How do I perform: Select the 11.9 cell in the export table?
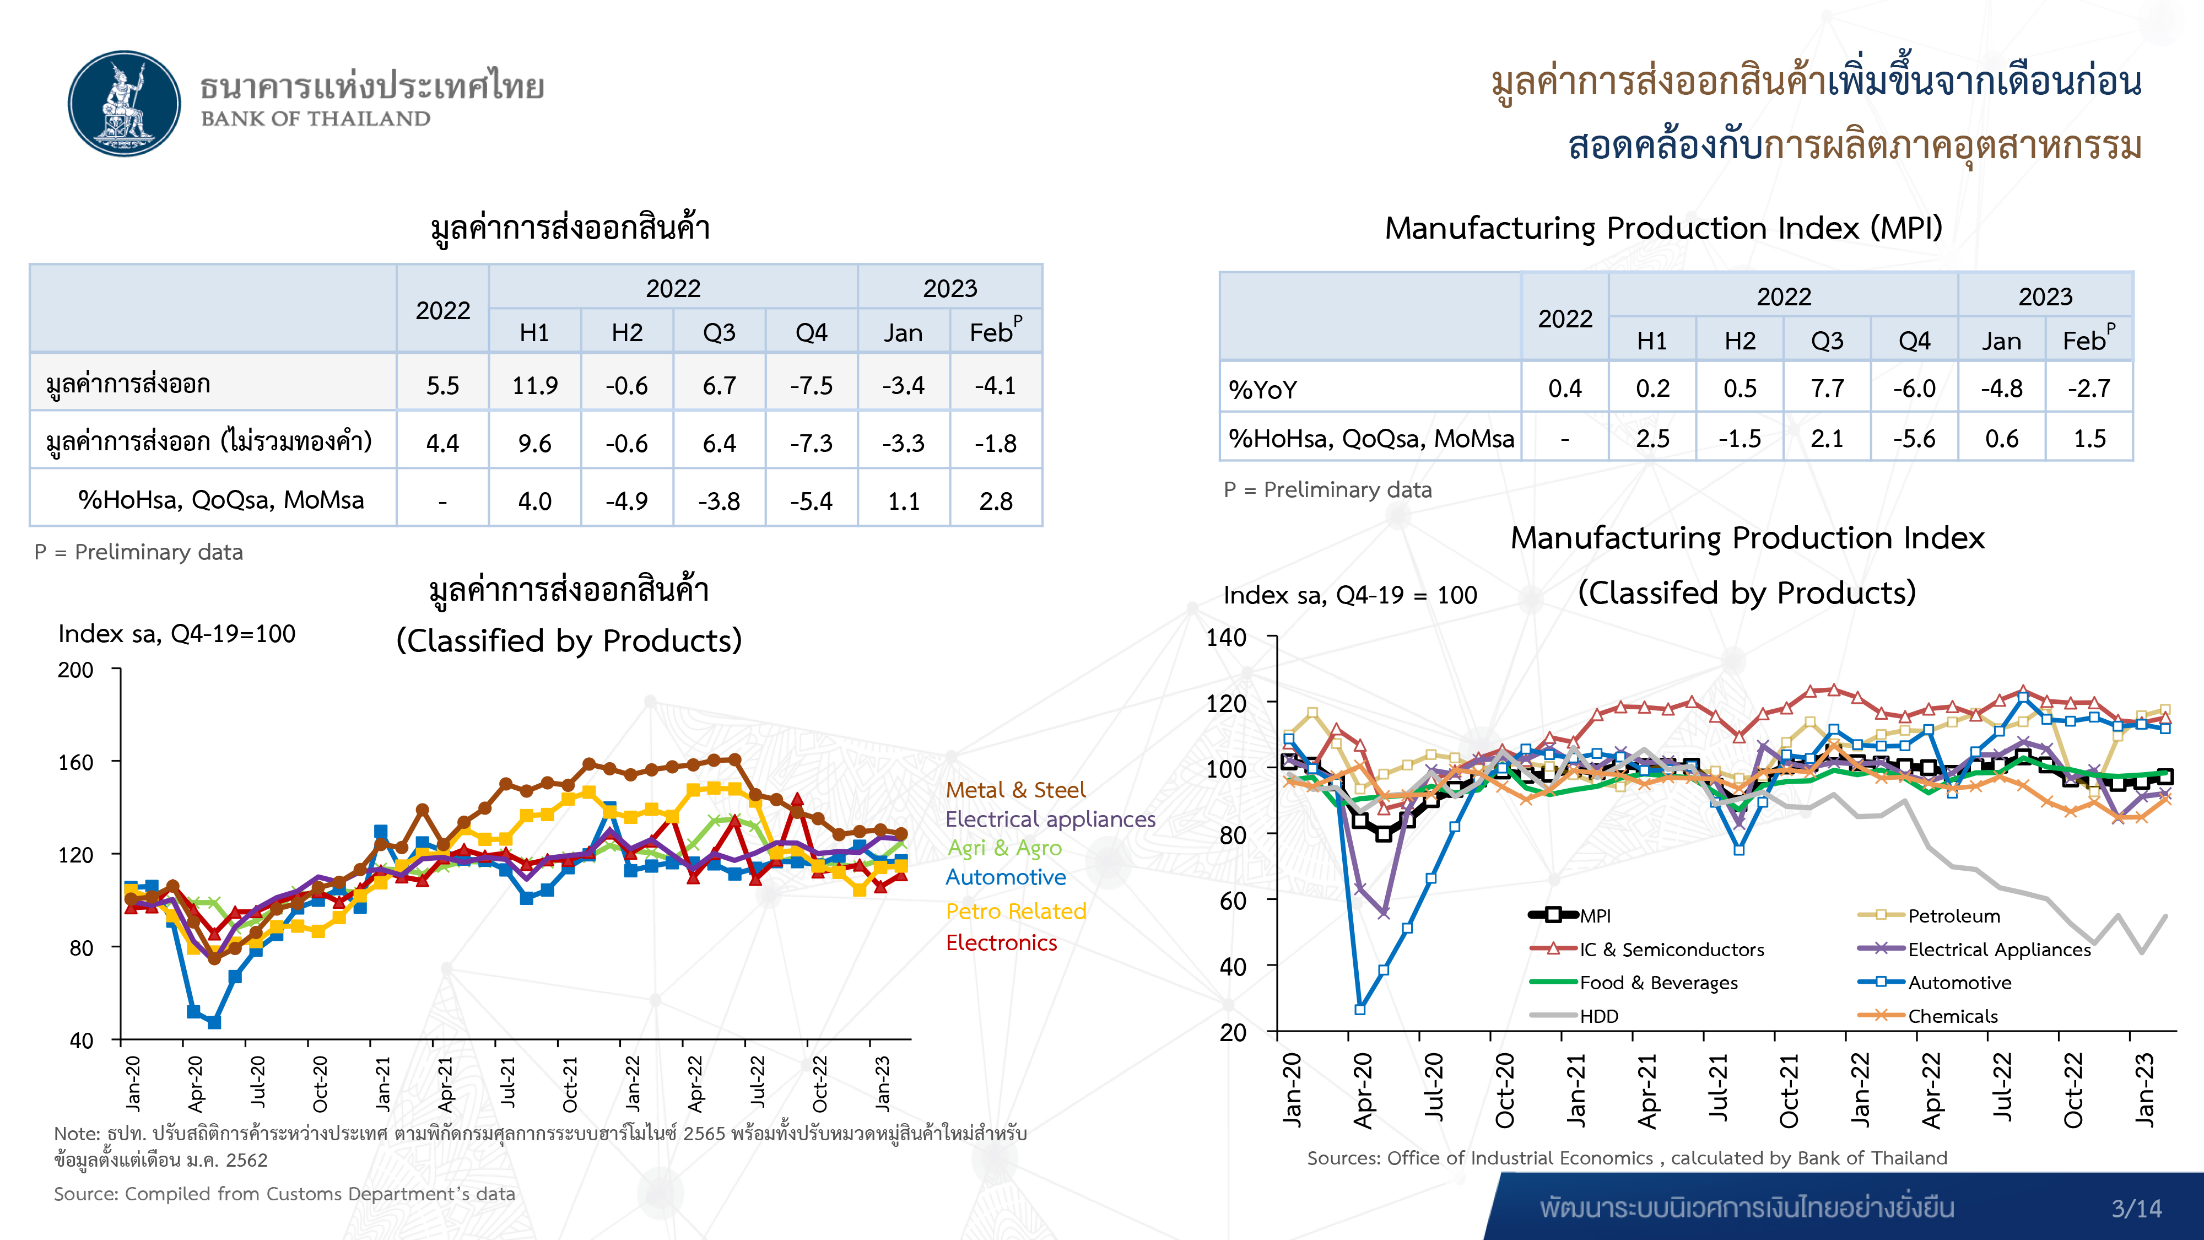(x=534, y=386)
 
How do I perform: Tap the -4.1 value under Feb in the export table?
(x=995, y=386)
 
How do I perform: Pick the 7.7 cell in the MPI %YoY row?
(x=1827, y=389)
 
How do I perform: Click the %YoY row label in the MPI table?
(x=1263, y=390)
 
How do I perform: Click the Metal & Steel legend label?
(x=1015, y=790)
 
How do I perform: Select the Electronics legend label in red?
(x=1001, y=943)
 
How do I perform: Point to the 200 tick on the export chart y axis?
(x=76, y=670)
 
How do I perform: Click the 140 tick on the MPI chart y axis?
(x=1226, y=638)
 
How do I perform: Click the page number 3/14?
(x=2136, y=1209)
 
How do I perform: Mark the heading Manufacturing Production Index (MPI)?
(x=1663, y=229)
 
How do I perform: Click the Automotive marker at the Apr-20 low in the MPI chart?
(x=1359, y=1010)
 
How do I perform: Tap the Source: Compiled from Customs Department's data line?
(x=284, y=1194)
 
